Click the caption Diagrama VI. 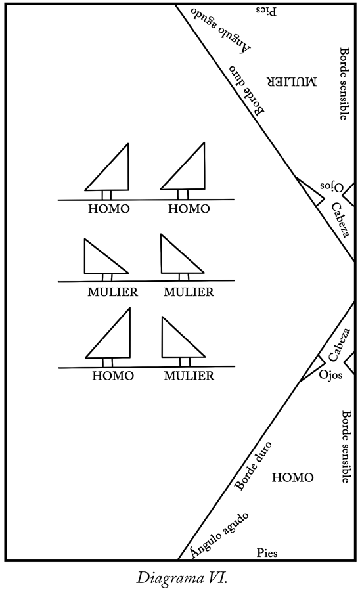[182, 577]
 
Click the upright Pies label [267, 553]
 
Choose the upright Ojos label [330, 375]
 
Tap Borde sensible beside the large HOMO [346, 447]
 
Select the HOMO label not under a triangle [292, 478]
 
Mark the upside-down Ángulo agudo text [221, 30]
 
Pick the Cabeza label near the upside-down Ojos [341, 220]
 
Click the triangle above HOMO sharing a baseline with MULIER [108, 333]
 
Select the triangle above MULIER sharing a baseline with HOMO [183, 337]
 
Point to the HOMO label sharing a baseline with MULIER [113, 376]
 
